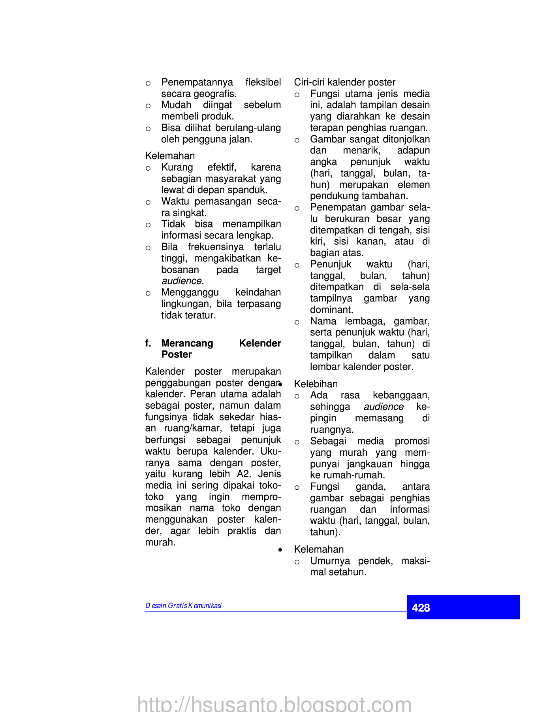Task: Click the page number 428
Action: (x=421, y=608)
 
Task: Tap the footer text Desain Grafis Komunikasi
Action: (x=183, y=606)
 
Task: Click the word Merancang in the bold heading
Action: (x=187, y=343)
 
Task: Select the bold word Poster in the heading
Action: (x=177, y=354)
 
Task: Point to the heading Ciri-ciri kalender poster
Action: (x=344, y=82)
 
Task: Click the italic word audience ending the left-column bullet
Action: (x=182, y=281)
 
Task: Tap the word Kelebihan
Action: (x=316, y=384)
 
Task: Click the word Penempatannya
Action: (x=197, y=82)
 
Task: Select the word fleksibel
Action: (x=263, y=82)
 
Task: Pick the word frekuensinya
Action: (x=216, y=247)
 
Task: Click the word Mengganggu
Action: (x=190, y=293)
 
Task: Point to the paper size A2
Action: (x=244, y=474)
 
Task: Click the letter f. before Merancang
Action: (x=148, y=343)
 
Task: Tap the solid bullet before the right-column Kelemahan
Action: (x=280, y=550)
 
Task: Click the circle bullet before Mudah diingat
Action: (x=148, y=106)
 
